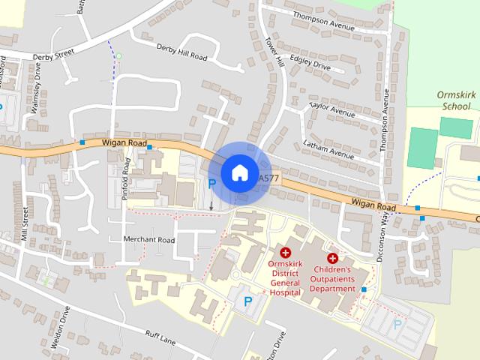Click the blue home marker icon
tap(238, 172)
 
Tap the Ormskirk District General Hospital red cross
tap(286, 255)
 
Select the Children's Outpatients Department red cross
tap(332, 258)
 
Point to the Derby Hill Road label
tap(181, 52)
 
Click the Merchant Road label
tap(149, 240)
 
